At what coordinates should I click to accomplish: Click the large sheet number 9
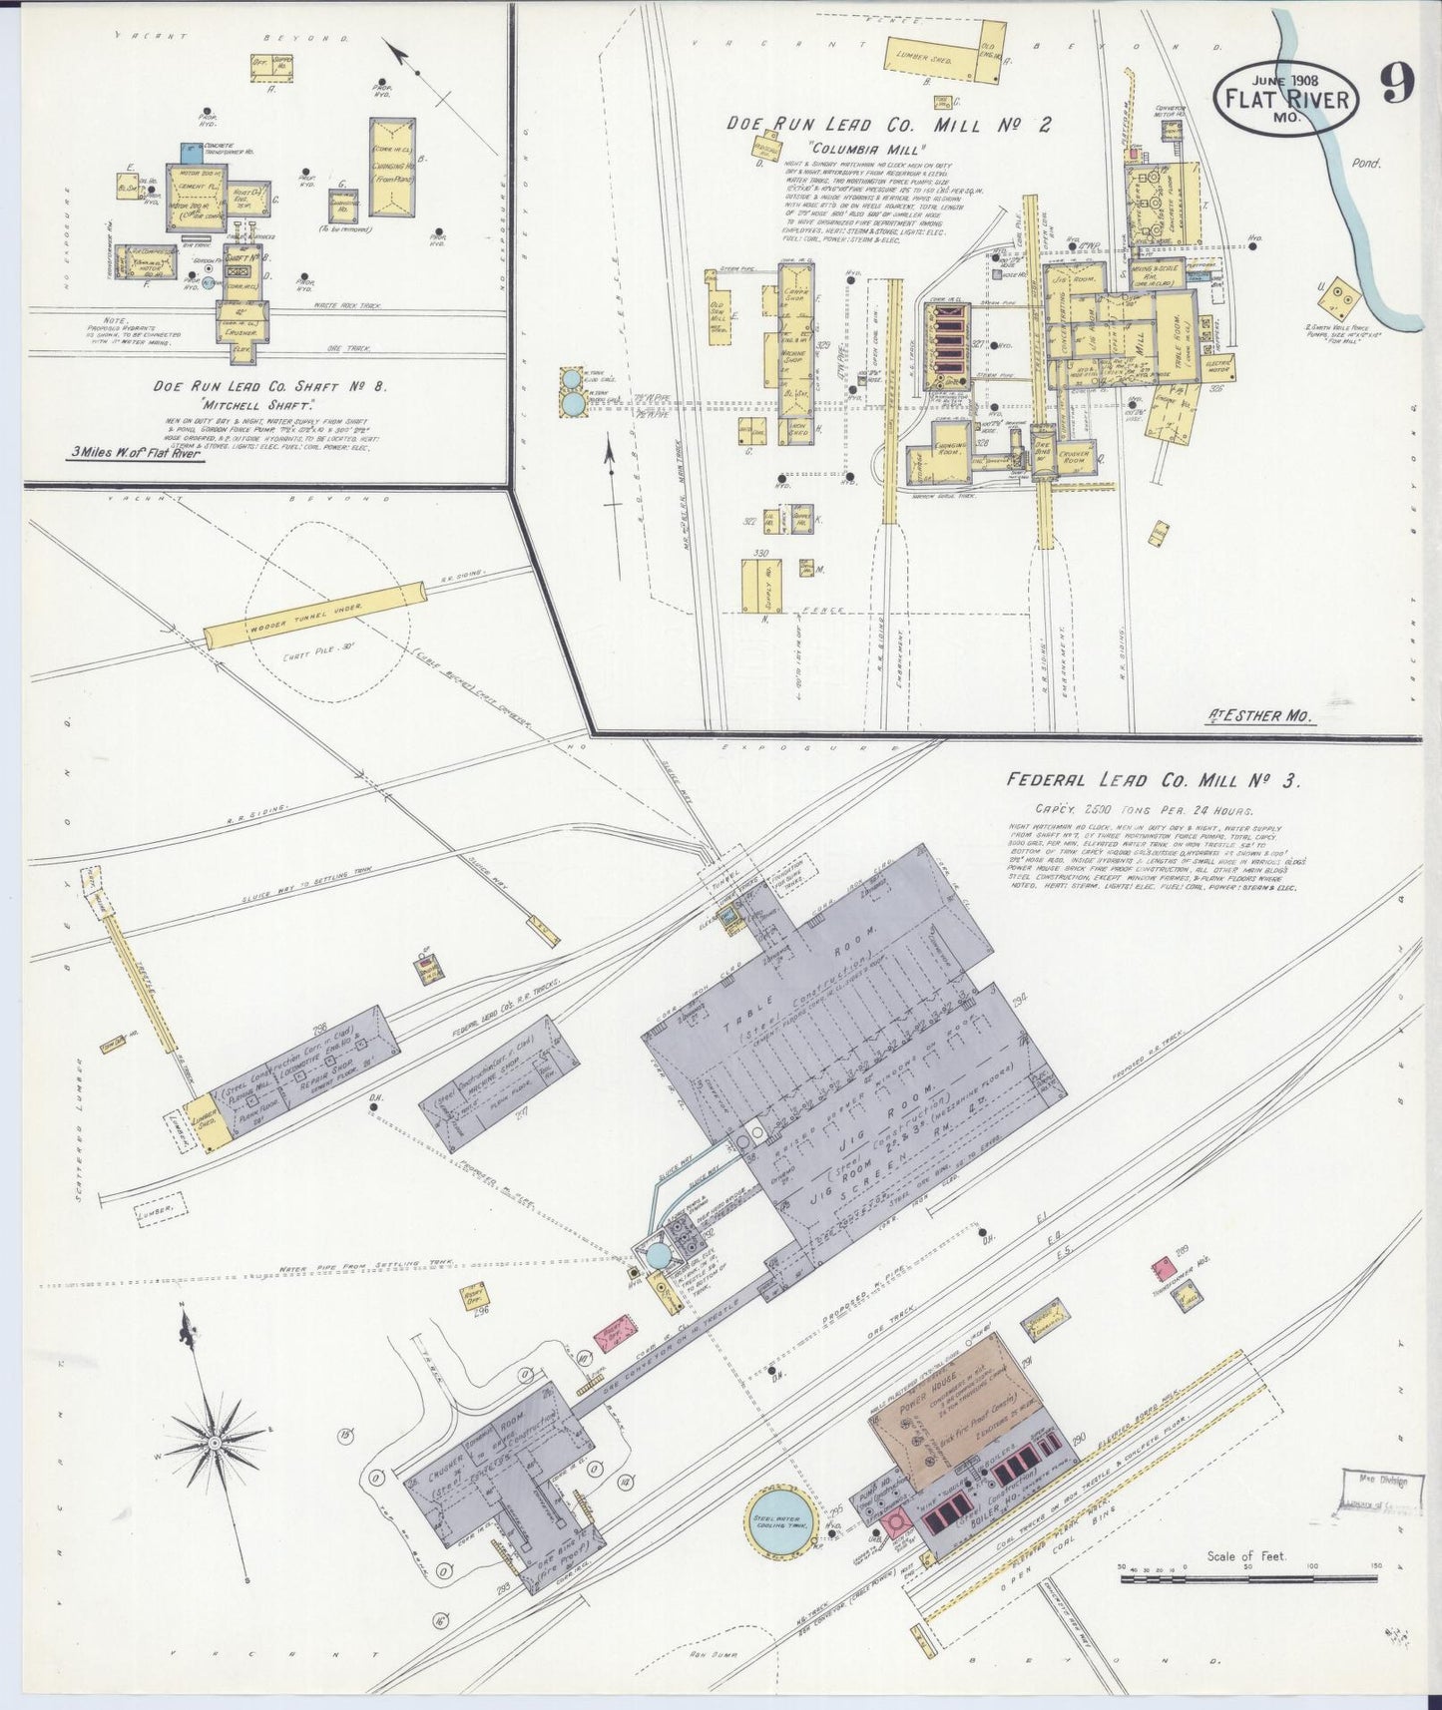pos(1396,87)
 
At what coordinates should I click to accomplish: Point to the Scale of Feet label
pos(1245,1555)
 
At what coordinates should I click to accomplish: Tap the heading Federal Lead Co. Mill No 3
pos(1153,781)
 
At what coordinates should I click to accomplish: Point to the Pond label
pos(1367,163)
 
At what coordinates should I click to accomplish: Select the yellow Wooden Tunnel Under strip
pos(314,615)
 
